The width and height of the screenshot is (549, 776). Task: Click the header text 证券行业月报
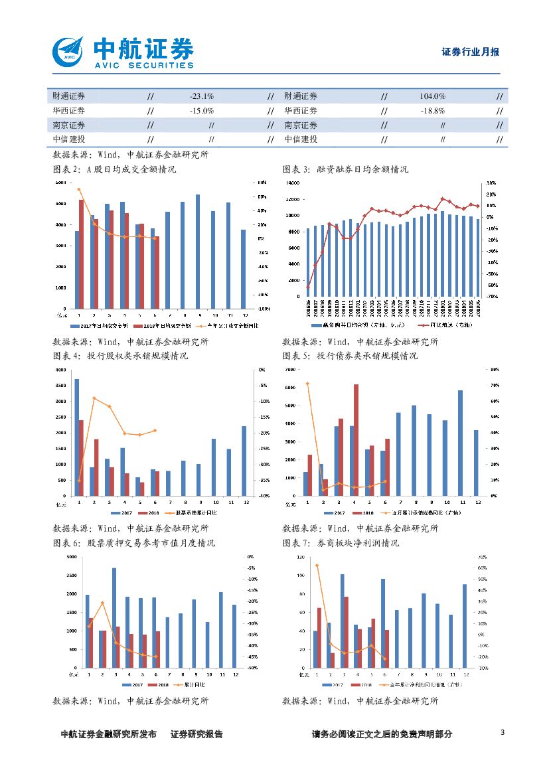(x=470, y=52)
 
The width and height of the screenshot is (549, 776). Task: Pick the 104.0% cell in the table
(x=432, y=97)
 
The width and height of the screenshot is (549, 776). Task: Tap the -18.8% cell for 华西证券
(x=432, y=111)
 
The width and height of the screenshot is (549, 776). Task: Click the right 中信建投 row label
(x=301, y=139)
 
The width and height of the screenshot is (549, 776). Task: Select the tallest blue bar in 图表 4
(x=77, y=437)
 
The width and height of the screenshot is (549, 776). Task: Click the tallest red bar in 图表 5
(x=356, y=439)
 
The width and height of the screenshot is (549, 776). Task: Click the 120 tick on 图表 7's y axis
(x=300, y=556)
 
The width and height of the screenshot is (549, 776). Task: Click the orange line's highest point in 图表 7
(x=317, y=565)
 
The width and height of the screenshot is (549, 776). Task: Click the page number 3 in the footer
(x=503, y=733)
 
